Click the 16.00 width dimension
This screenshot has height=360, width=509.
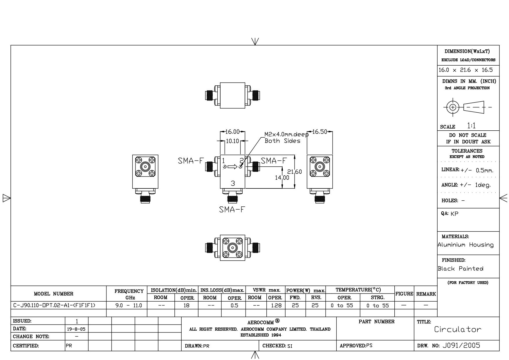point(232,132)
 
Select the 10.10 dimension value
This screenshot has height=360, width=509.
point(232,141)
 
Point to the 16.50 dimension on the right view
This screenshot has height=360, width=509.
point(320,132)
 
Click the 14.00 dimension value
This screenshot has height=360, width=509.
point(282,177)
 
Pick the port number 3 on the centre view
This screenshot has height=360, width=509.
point(233,183)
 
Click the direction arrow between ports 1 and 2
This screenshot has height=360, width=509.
point(232,167)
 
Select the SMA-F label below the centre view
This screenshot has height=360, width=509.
point(232,209)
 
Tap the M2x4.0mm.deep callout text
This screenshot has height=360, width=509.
point(286,134)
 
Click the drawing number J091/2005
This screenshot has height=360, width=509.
point(461,345)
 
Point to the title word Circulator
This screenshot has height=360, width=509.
point(458,329)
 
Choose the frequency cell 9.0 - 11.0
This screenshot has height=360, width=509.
point(127,305)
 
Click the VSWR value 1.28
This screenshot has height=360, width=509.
point(276,305)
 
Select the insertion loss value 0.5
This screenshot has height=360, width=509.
point(234,305)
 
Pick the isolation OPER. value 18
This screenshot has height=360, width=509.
point(186,305)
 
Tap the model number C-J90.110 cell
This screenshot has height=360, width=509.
point(55,305)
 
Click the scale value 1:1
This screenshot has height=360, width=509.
point(471,126)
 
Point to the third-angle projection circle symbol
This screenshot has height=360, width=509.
point(452,107)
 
